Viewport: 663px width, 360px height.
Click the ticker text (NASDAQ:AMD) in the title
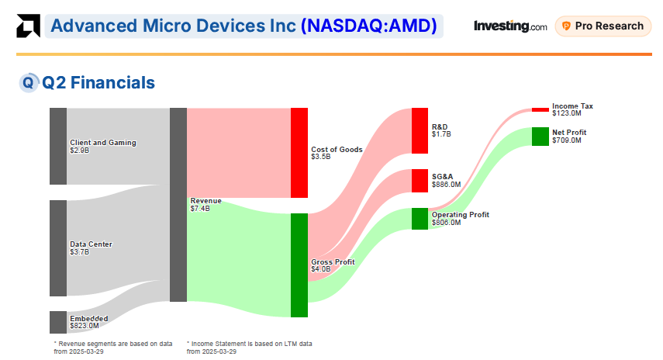pos(370,26)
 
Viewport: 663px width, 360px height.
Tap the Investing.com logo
pos(509,26)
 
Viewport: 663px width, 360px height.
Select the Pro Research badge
pos(603,26)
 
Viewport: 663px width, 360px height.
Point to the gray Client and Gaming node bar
pos(58,146)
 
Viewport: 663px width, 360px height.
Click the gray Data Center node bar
pos(58,248)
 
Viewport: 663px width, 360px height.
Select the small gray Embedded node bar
pos(58,322)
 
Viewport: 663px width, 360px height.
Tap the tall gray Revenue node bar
pos(178,205)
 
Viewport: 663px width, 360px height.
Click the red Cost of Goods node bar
pos(299,153)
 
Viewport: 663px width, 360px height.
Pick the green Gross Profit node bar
pos(299,265)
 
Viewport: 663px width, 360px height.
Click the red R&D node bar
pos(420,131)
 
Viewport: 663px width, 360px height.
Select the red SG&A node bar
pos(420,181)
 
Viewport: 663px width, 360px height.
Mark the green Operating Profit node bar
pos(420,219)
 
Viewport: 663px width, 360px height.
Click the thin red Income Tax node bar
pos(540,109)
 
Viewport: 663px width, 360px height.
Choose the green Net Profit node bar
pos(540,137)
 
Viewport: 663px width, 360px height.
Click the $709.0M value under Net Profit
pos(566,140)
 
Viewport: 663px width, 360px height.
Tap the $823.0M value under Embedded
pos(85,326)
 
